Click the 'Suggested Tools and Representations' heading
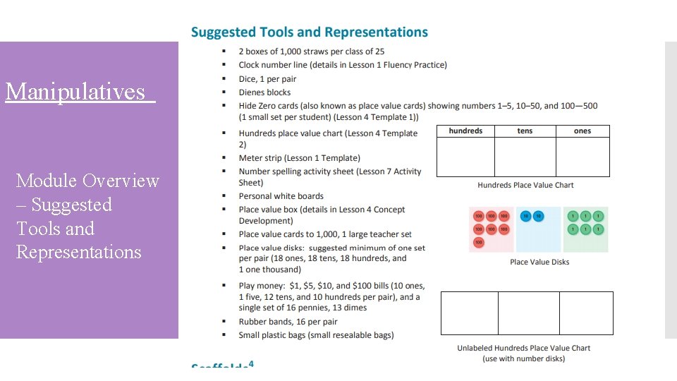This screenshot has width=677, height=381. [310, 32]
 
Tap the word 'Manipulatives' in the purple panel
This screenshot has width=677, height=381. [75, 92]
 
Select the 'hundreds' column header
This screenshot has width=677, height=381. [465, 131]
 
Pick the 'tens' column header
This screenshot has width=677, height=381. [525, 131]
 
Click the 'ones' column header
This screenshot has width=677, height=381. [583, 131]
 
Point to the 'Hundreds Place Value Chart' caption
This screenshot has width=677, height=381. [525, 185]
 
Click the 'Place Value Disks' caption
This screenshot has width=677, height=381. [539, 262]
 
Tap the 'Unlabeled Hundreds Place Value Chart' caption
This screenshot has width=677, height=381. [523, 348]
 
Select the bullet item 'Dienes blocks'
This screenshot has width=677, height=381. [264, 92]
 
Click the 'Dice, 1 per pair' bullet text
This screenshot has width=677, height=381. [267, 78]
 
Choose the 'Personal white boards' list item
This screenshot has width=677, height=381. [281, 196]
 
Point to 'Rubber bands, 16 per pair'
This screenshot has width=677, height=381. [288, 322]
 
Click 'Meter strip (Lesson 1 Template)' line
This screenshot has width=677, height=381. [299, 158]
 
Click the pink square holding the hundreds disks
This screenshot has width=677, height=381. [492, 229]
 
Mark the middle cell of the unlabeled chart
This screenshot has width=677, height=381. [528, 313]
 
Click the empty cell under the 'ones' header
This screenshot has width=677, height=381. [583, 157]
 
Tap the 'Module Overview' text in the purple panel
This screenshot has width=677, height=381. [87, 181]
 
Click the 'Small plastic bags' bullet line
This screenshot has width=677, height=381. [316, 335]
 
